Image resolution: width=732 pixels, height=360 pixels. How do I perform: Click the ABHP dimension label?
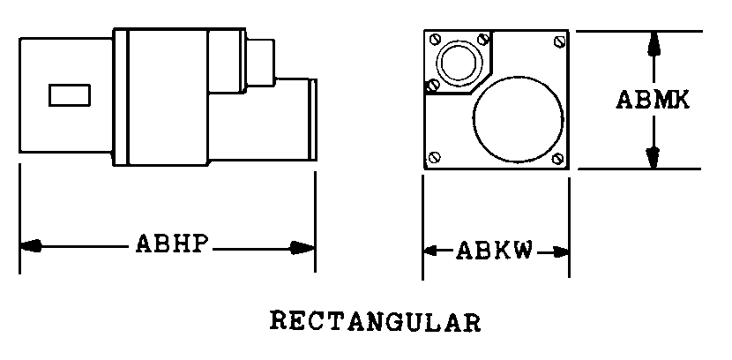171,244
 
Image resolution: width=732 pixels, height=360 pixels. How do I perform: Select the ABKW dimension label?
494,251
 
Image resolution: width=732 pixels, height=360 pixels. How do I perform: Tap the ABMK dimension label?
653,100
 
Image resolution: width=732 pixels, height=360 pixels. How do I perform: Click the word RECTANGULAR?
376,322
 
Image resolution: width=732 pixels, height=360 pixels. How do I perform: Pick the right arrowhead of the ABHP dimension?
303,248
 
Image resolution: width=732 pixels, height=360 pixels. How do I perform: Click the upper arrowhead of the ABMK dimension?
654,44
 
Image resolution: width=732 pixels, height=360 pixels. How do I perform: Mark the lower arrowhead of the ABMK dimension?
654,157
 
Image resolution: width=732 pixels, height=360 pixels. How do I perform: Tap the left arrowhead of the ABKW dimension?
431,251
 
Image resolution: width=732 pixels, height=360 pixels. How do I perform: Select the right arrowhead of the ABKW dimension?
561,252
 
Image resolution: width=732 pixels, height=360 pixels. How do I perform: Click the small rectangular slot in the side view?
70,95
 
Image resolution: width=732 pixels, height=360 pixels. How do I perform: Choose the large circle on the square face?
519,119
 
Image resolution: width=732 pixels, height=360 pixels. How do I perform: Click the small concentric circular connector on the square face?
459,63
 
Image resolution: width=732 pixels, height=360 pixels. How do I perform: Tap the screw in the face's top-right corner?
559,41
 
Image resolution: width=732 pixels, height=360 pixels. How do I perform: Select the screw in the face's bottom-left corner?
435,157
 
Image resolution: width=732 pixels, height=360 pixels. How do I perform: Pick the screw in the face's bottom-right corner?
557,159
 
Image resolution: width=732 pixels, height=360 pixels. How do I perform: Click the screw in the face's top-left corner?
435,39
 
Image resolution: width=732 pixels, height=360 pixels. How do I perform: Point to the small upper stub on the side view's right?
260,63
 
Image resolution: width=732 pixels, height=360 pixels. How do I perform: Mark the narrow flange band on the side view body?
121,97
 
